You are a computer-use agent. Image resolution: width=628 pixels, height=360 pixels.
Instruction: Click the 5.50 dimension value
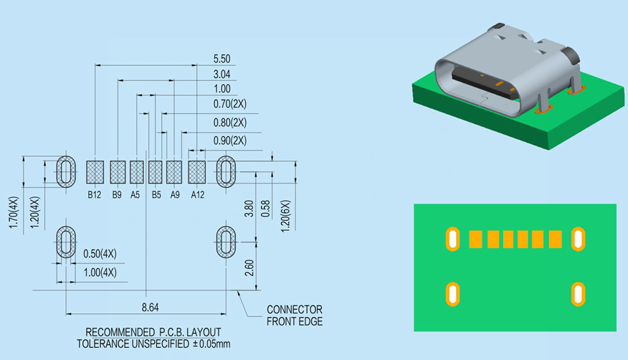point(222,58)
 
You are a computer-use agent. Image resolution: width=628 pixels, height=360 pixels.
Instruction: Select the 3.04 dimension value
point(222,74)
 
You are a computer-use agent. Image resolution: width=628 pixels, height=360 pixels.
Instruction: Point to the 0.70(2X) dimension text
point(229,105)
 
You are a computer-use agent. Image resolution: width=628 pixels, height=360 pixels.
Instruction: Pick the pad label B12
point(95,195)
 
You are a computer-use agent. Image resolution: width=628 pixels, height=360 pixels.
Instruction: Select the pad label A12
point(198,195)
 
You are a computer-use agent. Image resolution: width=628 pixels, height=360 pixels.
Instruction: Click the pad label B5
point(156,195)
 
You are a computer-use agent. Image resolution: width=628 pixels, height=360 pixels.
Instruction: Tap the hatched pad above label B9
point(118,172)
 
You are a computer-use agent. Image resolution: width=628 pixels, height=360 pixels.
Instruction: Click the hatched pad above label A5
point(137,172)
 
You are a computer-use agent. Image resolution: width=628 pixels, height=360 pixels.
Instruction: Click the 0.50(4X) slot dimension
point(100,254)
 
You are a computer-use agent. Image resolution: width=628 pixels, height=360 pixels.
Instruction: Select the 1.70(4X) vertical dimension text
point(12,213)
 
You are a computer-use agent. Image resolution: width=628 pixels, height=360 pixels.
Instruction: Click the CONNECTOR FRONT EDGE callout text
point(294,316)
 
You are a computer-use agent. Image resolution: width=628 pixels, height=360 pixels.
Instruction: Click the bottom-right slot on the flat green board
point(577,293)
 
